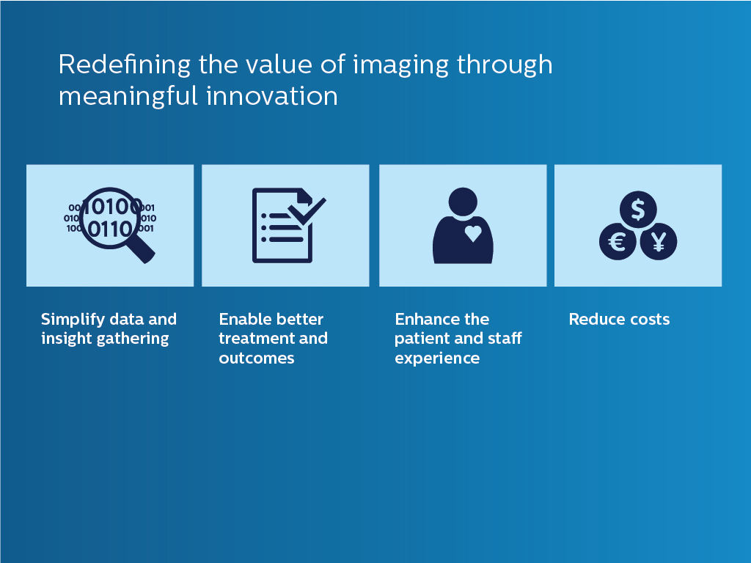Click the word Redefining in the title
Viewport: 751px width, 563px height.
click(x=125, y=65)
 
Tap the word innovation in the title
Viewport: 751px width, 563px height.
click(x=272, y=96)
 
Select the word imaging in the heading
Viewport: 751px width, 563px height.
click(x=400, y=65)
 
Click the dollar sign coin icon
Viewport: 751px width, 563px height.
click(x=638, y=209)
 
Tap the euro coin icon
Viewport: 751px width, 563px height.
click(x=618, y=242)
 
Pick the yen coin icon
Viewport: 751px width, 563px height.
click(x=659, y=242)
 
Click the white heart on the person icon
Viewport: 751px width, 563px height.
click(x=473, y=233)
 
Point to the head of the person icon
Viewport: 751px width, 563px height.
click(x=463, y=202)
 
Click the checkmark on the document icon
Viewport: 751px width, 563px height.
click(x=307, y=211)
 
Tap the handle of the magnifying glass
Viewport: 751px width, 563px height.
click(x=143, y=251)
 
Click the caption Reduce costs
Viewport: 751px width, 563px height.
click(x=619, y=320)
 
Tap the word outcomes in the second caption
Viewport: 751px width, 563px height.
click(x=257, y=358)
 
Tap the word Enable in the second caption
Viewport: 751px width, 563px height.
click(x=243, y=320)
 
